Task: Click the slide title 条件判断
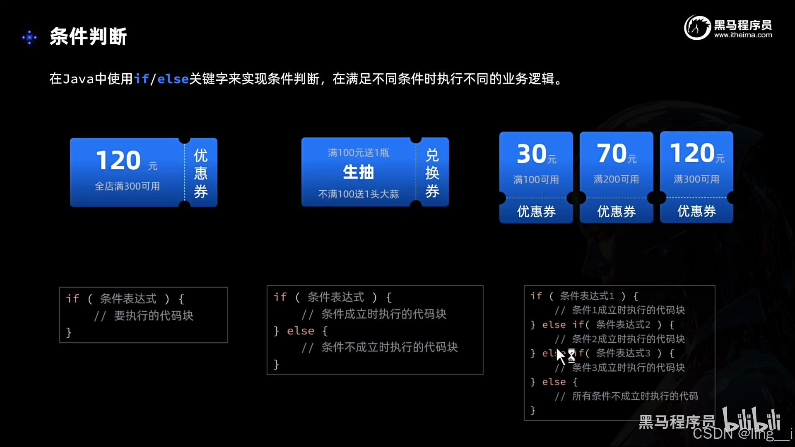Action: (88, 36)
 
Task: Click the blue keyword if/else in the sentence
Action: (161, 79)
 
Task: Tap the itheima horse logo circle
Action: (697, 27)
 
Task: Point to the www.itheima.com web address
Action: (743, 35)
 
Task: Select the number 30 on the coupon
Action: (532, 154)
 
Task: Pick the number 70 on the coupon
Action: (612, 153)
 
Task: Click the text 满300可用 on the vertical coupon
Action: (696, 179)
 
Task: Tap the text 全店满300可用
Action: (128, 186)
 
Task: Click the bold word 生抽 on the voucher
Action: (358, 172)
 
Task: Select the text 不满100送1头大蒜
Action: (359, 194)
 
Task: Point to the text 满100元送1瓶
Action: (359, 153)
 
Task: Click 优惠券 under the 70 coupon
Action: (616, 211)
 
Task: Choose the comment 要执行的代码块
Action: (154, 316)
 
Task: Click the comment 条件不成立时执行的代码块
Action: (390, 347)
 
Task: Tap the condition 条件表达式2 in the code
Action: (623, 324)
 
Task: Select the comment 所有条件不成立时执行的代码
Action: (635, 396)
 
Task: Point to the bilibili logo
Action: (752, 419)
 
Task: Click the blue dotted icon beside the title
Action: (29, 38)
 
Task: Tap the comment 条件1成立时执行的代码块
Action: (629, 310)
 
